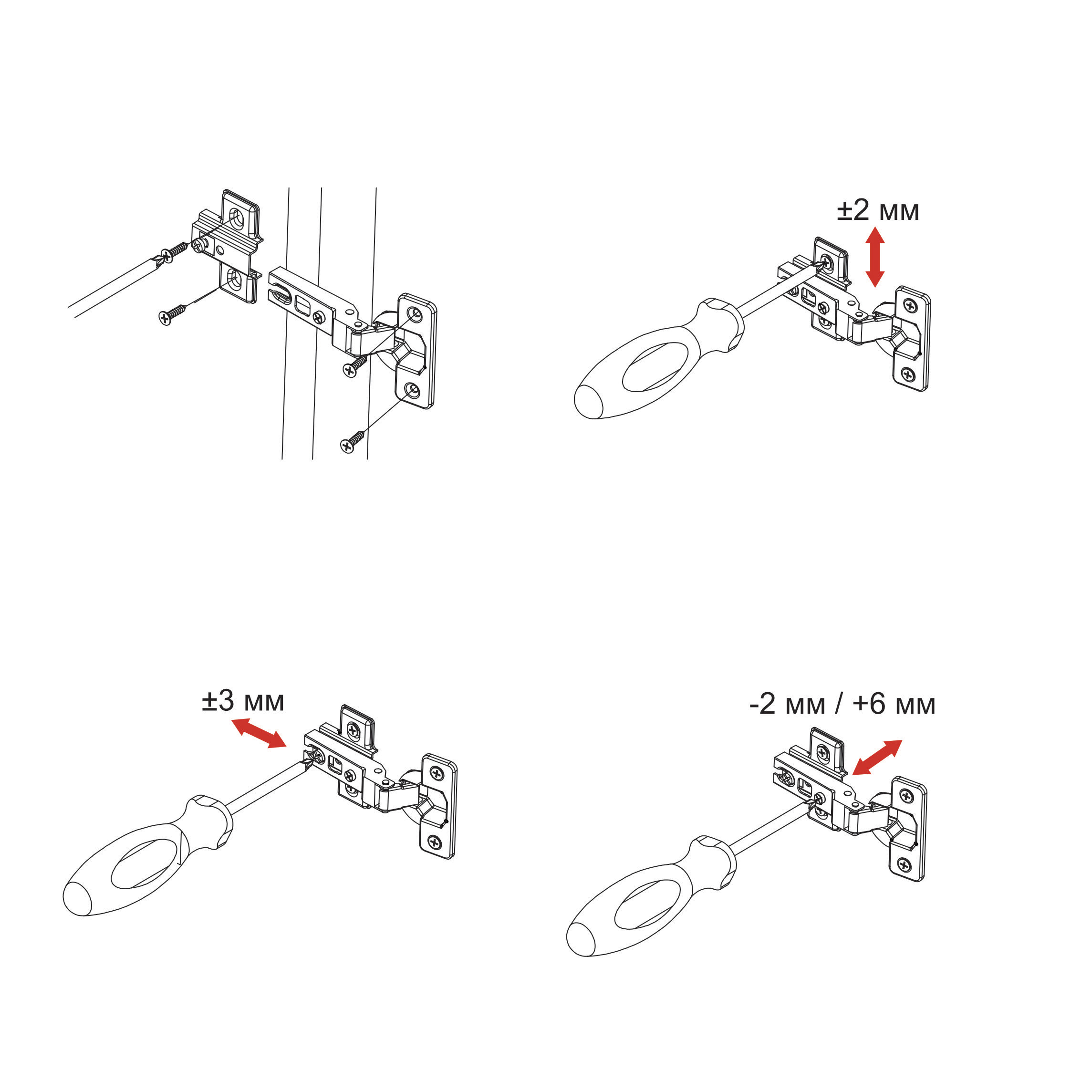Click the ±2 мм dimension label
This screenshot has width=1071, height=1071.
click(x=877, y=211)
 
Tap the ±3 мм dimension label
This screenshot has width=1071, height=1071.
click(x=243, y=701)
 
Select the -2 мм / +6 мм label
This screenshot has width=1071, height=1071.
click(x=842, y=704)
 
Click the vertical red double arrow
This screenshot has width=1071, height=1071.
click(x=875, y=257)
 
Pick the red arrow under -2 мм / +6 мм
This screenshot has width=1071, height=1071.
click(x=877, y=757)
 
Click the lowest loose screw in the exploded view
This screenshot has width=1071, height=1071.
click(x=352, y=440)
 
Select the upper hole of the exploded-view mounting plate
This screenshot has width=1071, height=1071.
click(x=236, y=218)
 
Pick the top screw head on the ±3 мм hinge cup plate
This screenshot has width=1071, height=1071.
click(x=437, y=773)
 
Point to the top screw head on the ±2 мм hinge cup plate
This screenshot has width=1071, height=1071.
click(x=910, y=305)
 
